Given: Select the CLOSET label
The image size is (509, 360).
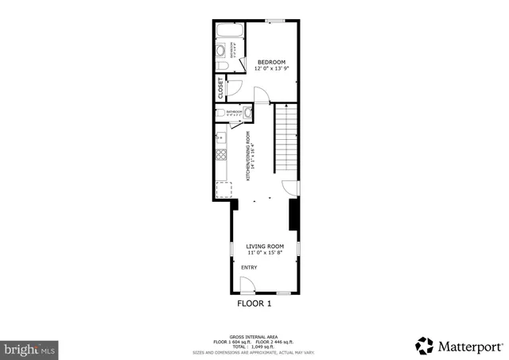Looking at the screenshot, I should tap(220, 88).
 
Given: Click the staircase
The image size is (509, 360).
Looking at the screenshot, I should tap(286, 140).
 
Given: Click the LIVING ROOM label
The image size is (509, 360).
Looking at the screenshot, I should tap(265, 246).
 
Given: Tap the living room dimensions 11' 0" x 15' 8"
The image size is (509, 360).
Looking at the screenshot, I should tap(265, 254).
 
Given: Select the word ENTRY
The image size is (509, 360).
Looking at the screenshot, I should tap(250, 268).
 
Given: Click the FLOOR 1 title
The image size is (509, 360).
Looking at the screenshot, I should tap(254, 304).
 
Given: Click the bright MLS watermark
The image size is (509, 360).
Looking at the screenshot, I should tap(29, 348).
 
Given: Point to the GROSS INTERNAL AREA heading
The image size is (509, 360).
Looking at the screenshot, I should tap(254, 336).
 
